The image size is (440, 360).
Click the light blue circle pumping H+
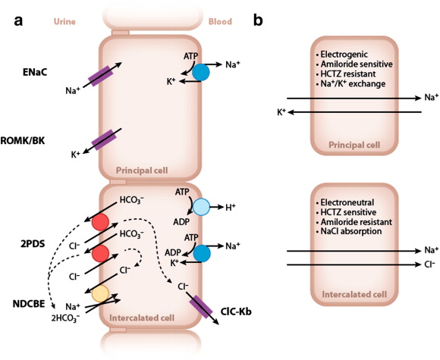click(x=200, y=207)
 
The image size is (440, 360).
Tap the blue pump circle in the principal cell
click(x=200, y=72)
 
